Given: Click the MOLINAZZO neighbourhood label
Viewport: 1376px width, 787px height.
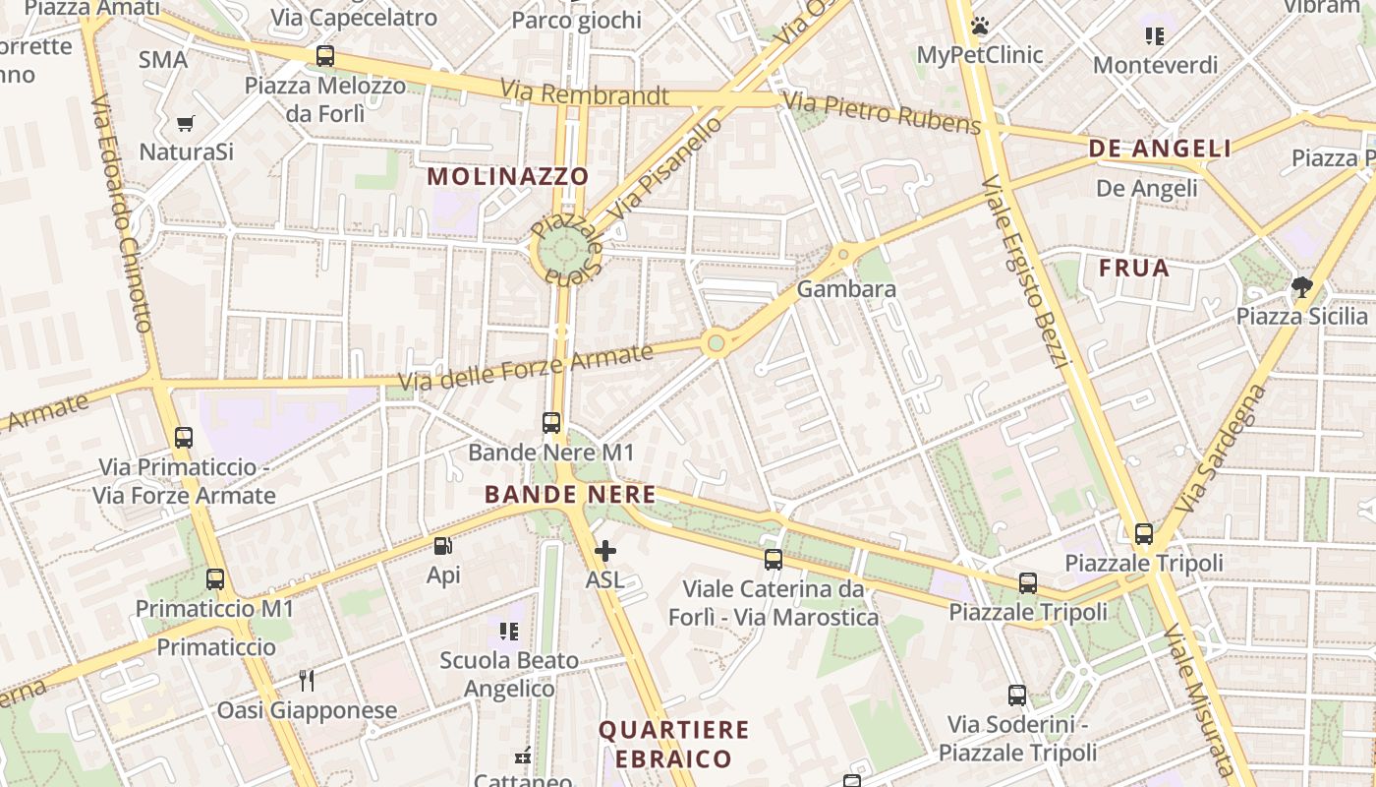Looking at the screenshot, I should click(508, 177).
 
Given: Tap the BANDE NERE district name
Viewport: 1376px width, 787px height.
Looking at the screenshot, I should click(570, 495).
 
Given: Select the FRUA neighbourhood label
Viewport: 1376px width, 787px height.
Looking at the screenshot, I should click(1134, 268).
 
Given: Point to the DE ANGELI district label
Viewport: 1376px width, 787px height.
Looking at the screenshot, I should click(1160, 149).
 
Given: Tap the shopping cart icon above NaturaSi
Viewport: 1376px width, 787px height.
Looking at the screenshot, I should click(185, 124).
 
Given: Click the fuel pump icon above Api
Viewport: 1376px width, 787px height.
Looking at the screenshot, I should click(443, 546).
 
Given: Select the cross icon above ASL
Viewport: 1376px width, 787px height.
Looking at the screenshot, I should click(605, 551).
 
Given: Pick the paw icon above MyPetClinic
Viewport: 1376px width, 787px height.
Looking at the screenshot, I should click(979, 26).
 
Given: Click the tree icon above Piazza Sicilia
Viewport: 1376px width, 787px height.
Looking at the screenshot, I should click(1302, 287).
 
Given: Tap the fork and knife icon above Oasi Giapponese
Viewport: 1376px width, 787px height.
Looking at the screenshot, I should click(307, 680).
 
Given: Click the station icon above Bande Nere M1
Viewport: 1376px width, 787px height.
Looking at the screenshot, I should click(551, 423).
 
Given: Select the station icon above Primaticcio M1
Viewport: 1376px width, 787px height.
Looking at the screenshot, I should click(215, 579).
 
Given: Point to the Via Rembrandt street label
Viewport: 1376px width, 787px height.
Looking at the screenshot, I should click(584, 94).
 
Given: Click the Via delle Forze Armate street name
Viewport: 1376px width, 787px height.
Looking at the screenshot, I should click(526, 367).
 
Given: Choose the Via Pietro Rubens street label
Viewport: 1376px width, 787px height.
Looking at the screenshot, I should click(883, 111).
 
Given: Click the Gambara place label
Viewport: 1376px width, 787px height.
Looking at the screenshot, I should click(846, 289).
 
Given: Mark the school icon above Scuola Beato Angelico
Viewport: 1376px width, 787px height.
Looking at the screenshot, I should click(508, 631).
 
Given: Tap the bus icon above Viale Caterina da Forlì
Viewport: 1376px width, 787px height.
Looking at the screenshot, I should click(774, 560).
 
